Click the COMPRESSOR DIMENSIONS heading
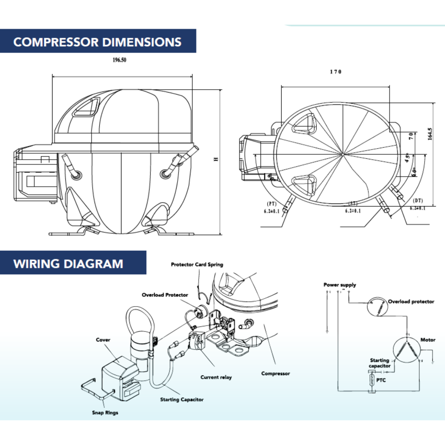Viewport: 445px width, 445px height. tap(97, 42)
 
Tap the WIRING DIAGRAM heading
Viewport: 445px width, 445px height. tap(68, 263)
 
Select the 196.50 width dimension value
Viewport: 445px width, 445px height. tap(120, 60)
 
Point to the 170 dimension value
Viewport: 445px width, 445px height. tap(336, 72)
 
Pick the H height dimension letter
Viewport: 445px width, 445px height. tap(216, 159)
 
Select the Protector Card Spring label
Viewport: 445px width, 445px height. tap(197, 264)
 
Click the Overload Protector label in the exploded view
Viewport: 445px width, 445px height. tap(165, 295)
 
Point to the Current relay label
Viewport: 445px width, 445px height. tap(216, 377)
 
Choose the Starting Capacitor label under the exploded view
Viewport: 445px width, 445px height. tap(182, 400)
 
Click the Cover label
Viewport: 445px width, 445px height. tap(103, 340)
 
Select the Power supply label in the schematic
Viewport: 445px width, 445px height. tap(340, 285)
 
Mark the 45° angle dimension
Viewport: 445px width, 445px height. tap(407, 158)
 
